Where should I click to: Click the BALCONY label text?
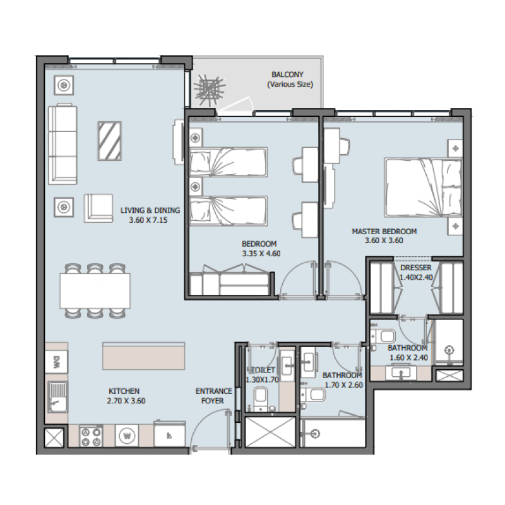(287, 74)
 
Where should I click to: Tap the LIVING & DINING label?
(150, 211)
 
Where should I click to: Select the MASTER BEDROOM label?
(384, 232)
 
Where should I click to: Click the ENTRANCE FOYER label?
(213, 395)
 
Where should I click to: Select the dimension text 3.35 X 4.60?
(259, 253)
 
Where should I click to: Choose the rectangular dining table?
(95, 290)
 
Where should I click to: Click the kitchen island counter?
(144, 357)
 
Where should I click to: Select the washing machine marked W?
(128, 435)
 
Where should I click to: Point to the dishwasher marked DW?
(56, 362)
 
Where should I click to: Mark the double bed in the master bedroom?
(422, 187)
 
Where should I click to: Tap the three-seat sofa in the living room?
(62, 145)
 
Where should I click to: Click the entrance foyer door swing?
(208, 429)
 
